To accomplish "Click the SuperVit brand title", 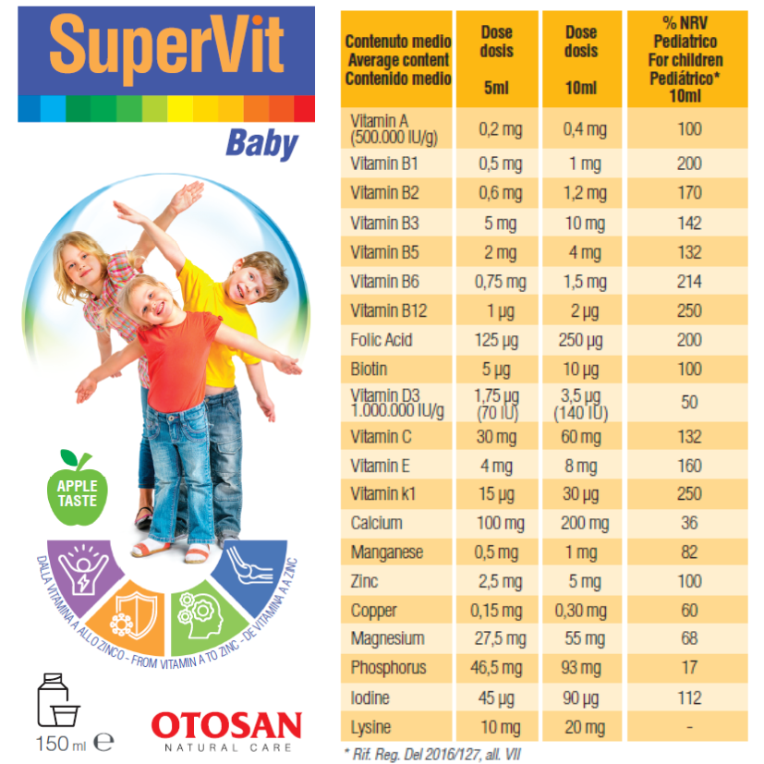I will (166, 46).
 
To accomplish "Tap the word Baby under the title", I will (262, 144).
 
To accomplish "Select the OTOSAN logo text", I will (226, 723).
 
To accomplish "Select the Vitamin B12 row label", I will (389, 310).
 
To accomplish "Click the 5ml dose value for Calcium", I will (501, 524).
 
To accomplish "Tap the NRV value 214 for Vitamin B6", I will (689, 282).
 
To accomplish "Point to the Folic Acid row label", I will (382, 340).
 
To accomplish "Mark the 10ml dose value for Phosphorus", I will (585, 668).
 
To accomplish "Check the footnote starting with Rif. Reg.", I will (431, 754).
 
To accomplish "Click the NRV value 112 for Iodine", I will (689, 697).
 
